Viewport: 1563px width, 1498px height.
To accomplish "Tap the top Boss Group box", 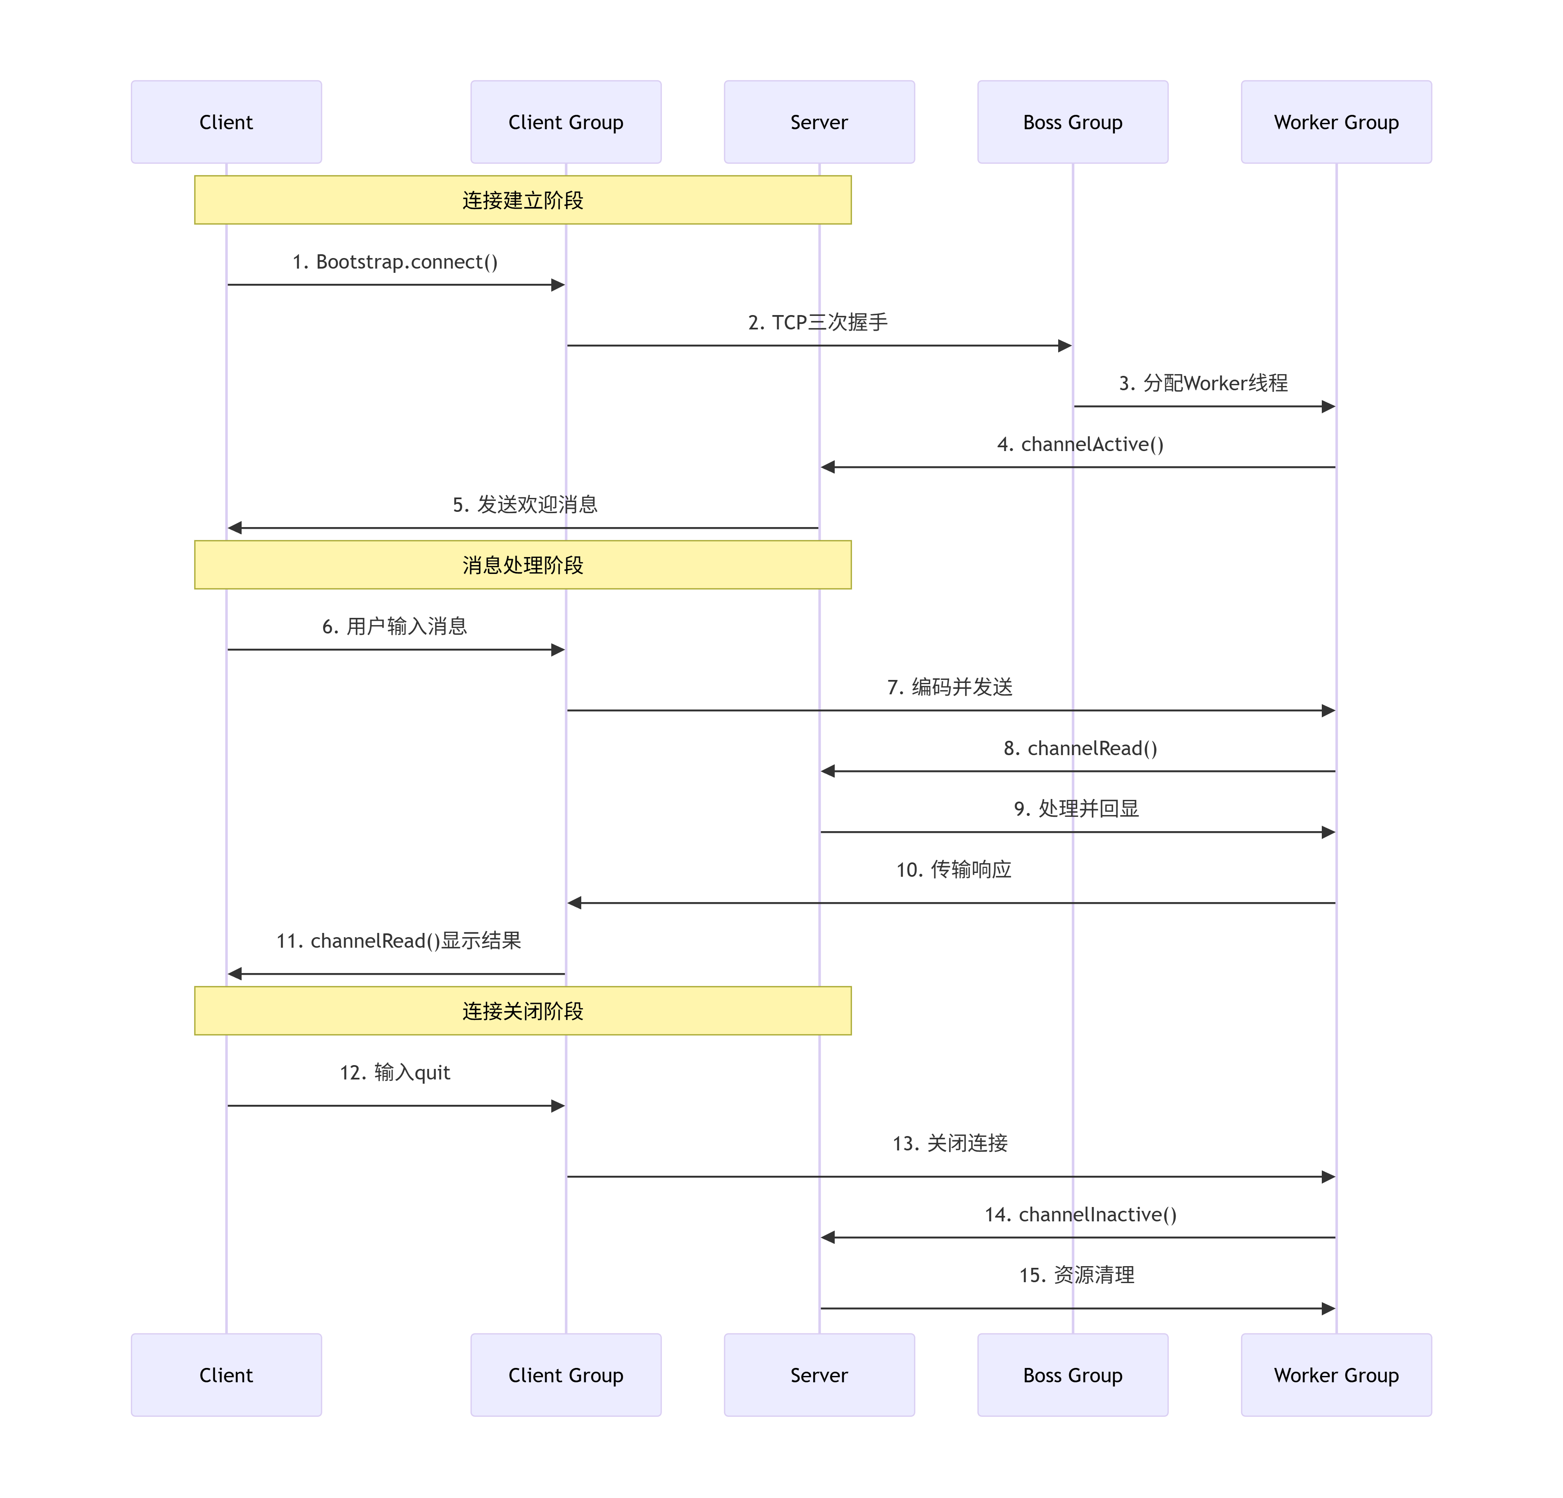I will pos(1073,122).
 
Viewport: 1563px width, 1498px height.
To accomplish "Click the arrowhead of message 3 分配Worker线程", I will pos(1329,407).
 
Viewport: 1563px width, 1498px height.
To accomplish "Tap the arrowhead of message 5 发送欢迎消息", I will pos(234,528).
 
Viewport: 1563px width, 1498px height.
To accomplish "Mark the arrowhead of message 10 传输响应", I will pos(574,903).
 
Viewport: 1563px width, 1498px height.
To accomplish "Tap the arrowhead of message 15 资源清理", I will pos(1329,1308).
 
